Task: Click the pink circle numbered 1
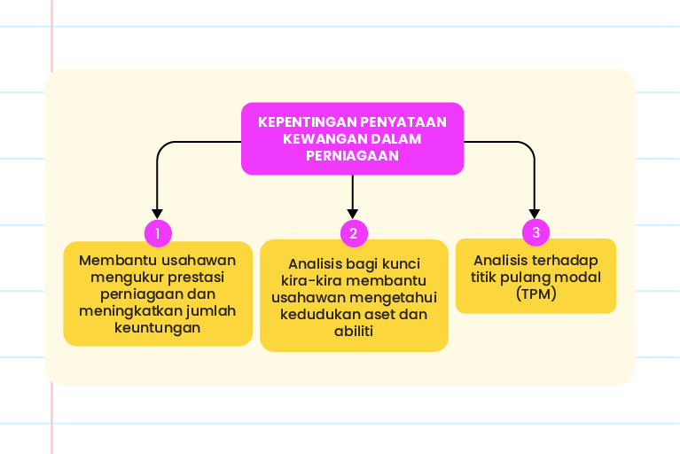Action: click(x=158, y=233)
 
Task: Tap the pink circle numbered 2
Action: click(x=354, y=233)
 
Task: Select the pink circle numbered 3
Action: click(x=536, y=232)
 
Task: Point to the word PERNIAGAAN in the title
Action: click(x=352, y=156)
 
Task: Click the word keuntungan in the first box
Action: click(x=158, y=328)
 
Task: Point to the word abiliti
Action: click(x=354, y=332)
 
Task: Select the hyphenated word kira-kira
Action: click(x=309, y=281)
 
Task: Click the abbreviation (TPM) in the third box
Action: click(x=536, y=294)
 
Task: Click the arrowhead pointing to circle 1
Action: click(x=158, y=214)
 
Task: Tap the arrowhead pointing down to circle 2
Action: click(x=353, y=214)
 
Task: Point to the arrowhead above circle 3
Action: click(x=535, y=214)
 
